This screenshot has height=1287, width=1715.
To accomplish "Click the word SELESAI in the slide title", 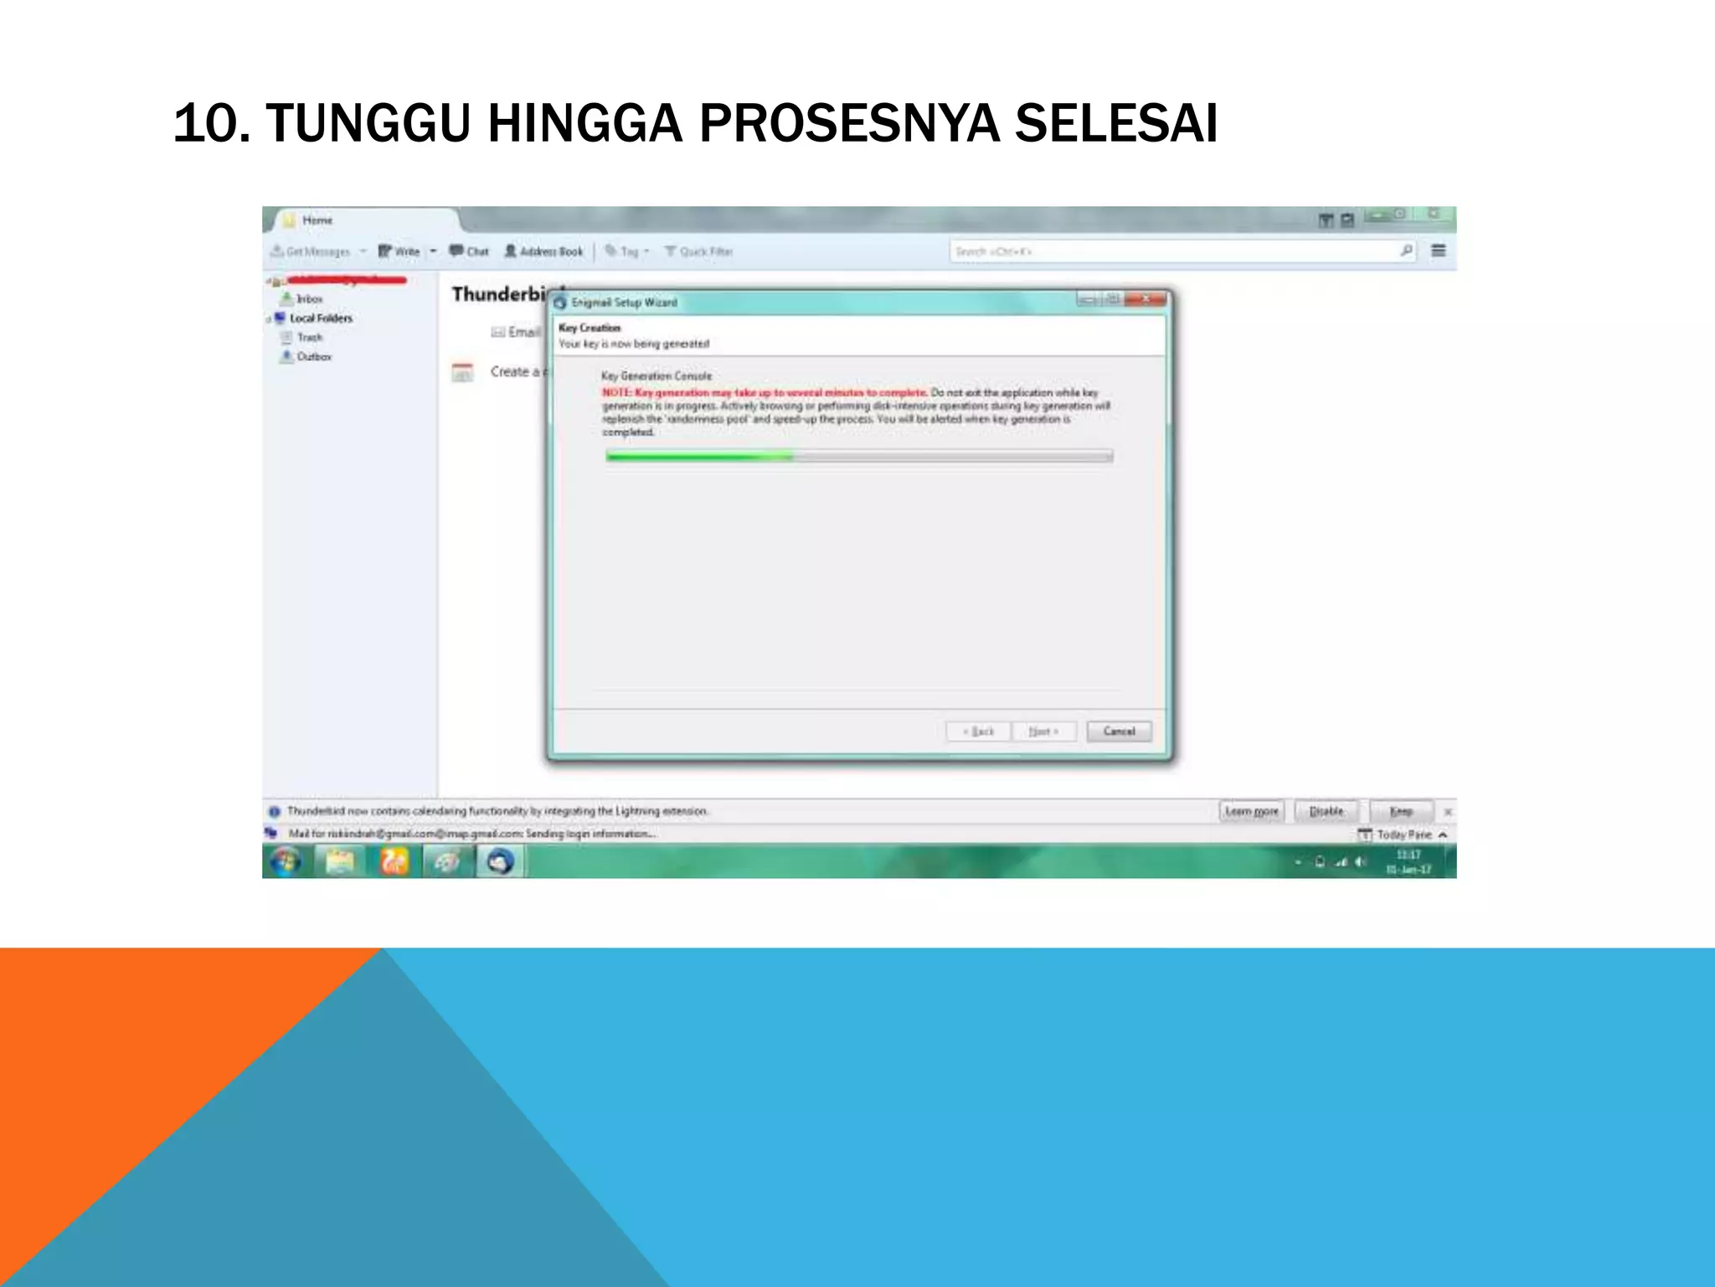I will click(1115, 124).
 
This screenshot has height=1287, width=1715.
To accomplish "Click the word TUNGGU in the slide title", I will click(368, 124).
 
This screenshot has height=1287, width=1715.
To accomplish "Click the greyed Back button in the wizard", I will click(978, 731).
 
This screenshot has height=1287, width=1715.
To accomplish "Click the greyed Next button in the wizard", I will click(1043, 731).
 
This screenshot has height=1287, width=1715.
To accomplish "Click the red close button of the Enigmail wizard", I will click(1146, 299).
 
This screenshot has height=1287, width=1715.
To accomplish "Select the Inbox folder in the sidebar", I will click(308, 299).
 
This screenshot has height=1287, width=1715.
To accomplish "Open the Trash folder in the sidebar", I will click(309, 338).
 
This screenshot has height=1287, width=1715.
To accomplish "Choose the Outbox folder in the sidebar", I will click(313, 357).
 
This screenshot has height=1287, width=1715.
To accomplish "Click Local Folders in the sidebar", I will click(320, 318).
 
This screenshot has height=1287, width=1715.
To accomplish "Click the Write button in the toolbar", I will click(399, 251).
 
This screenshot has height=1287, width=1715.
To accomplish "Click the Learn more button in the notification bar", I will click(1251, 811).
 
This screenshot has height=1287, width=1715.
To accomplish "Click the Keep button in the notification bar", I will click(1401, 811).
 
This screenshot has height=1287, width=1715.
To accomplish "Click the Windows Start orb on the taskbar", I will click(286, 861).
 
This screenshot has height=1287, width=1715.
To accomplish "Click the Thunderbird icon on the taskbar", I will click(500, 861).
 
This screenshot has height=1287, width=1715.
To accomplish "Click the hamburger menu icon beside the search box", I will click(1439, 251).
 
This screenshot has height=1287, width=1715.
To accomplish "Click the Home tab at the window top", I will click(317, 220).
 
